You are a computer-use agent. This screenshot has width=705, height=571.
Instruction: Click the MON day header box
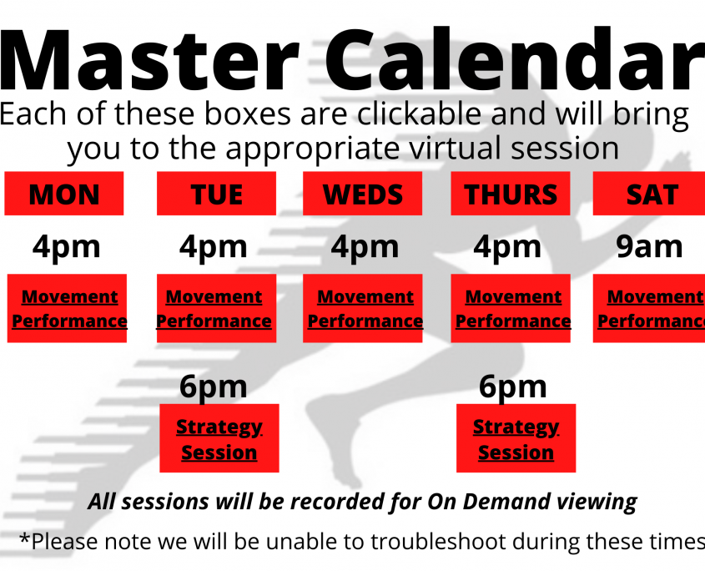tap(64, 194)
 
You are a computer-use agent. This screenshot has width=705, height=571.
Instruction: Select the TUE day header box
tap(216, 194)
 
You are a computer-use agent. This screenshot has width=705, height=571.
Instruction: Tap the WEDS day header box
tap(362, 194)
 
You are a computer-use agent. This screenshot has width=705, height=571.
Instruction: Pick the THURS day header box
tap(511, 194)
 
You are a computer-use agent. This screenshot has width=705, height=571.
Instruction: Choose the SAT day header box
tap(649, 194)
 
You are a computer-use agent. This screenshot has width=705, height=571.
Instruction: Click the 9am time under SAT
tap(649, 246)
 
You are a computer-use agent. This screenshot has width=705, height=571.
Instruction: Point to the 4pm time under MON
tap(66, 247)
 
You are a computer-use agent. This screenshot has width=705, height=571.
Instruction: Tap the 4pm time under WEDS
tap(365, 247)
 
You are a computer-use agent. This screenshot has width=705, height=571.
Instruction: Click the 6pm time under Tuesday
tap(213, 387)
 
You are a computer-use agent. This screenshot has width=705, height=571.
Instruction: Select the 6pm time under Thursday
tap(512, 387)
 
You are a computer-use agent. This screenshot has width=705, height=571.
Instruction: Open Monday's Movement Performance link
tap(67, 308)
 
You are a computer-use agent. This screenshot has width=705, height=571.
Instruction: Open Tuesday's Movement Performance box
tap(216, 308)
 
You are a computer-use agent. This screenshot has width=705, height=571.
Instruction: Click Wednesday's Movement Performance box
tap(362, 308)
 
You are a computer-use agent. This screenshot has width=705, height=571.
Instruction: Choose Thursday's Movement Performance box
tap(511, 308)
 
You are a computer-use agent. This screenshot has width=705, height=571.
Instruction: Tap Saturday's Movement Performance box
tap(649, 308)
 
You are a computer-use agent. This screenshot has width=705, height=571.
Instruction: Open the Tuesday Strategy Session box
tap(219, 438)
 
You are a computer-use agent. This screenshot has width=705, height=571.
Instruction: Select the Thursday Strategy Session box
tap(516, 438)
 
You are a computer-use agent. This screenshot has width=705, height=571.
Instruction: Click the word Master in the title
tap(149, 60)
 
